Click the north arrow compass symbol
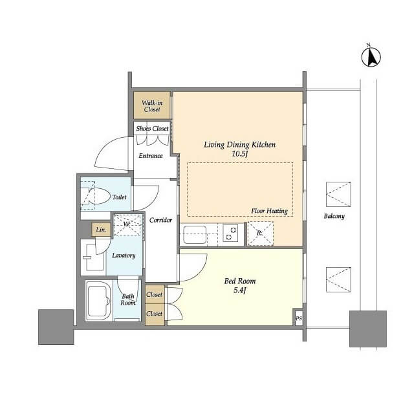(371, 58)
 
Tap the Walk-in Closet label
(152, 106)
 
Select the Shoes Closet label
(153, 129)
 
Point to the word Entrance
(151, 155)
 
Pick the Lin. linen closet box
(101, 230)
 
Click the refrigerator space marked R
(260, 234)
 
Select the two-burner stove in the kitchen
(230, 233)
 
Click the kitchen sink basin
(195, 235)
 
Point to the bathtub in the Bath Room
(98, 300)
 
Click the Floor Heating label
(269, 211)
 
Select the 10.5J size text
(240, 154)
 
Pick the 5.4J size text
(240, 290)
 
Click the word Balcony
(334, 216)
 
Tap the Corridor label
(160, 220)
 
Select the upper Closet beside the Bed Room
(155, 294)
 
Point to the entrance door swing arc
(105, 151)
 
